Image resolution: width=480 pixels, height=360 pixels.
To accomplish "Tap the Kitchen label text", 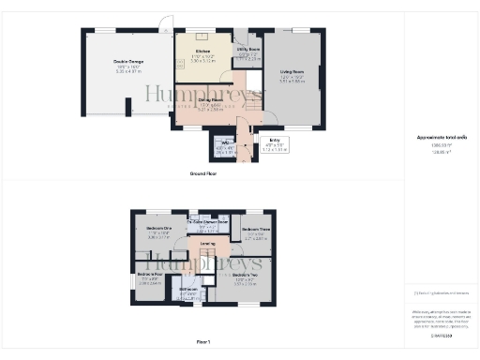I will pos(202,51).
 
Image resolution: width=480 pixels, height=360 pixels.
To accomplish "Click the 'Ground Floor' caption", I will pos(203,174).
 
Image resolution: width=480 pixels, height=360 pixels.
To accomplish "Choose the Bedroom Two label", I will pos(246,275).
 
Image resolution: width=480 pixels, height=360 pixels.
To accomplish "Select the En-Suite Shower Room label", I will pos(208,222).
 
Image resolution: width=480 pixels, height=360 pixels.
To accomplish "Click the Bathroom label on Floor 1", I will pos(187,290).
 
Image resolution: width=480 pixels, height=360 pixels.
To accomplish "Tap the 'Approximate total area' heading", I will pos(441,138).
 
